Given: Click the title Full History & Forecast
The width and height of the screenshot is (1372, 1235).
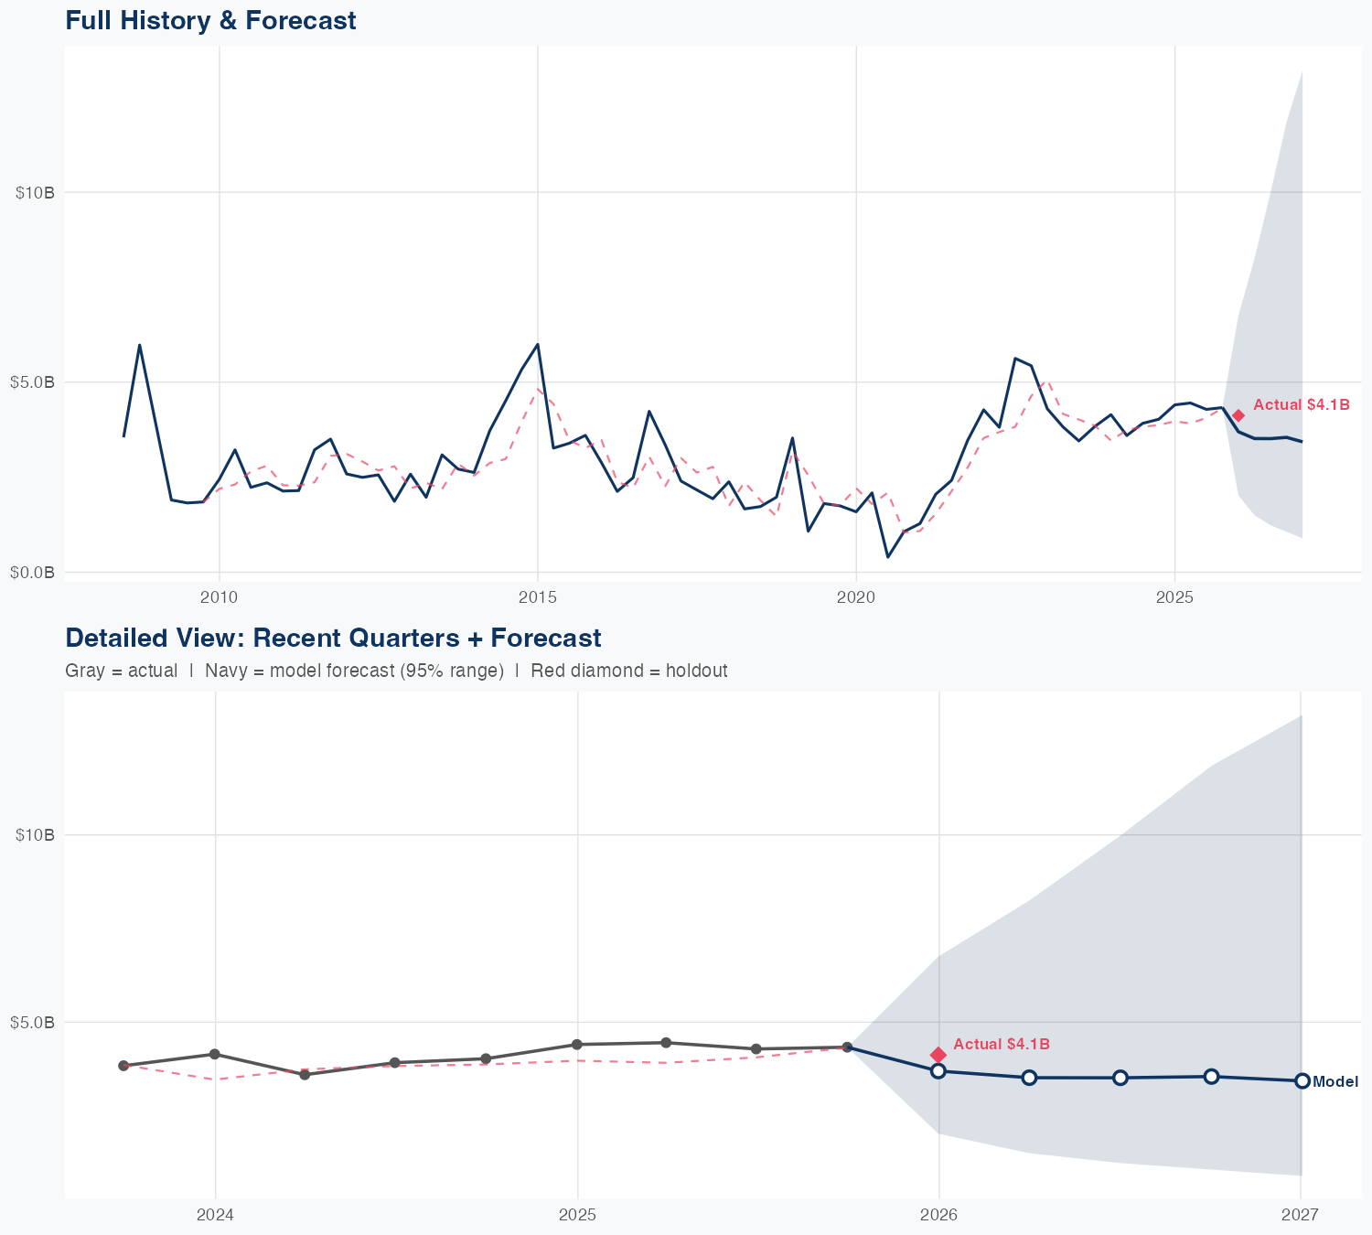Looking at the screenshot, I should pyautogui.click(x=210, y=20).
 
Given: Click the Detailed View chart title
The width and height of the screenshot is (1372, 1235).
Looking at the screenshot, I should pyautogui.click(x=333, y=638).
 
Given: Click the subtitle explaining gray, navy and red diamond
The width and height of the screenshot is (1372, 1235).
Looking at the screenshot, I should pyautogui.click(x=396, y=671).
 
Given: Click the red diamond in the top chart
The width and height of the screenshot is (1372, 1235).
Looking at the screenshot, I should pyautogui.click(x=1238, y=415).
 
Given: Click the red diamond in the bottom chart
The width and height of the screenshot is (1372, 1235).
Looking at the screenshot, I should pyautogui.click(x=938, y=1055).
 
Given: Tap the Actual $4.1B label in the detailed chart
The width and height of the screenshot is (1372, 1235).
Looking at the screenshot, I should pyautogui.click(x=1001, y=1044).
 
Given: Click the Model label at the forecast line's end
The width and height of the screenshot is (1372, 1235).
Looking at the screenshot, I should pyautogui.click(x=1334, y=1082).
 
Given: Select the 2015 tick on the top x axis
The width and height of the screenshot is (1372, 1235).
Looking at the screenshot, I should pyautogui.click(x=537, y=597).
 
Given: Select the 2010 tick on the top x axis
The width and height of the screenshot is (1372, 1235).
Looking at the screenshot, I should pyautogui.click(x=219, y=597).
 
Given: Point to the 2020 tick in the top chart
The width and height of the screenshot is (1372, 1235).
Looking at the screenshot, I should pyautogui.click(x=856, y=597).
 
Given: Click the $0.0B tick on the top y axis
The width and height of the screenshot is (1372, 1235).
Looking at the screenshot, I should pyautogui.click(x=33, y=573).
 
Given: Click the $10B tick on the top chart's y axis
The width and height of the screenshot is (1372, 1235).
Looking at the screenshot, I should pyautogui.click(x=36, y=192).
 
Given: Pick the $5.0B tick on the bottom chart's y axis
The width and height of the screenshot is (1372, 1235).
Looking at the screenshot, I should pyautogui.click(x=33, y=1022).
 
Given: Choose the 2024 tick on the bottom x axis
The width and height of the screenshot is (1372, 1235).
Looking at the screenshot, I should pyautogui.click(x=216, y=1215).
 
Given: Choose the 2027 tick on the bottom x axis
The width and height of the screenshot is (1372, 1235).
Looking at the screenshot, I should pyautogui.click(x=1300, y=1215).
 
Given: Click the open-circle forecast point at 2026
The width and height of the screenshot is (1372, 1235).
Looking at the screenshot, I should pyautogui.click(x=938, y=1070).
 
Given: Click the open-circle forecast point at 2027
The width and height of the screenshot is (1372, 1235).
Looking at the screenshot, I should pyautogui.click(x=1302, y=1080).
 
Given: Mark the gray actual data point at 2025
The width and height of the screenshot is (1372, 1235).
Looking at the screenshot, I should pyautogui.click(x=577, y=1044).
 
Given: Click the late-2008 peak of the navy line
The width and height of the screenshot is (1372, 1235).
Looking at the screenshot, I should pyautogui.click(x=139, y=345).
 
